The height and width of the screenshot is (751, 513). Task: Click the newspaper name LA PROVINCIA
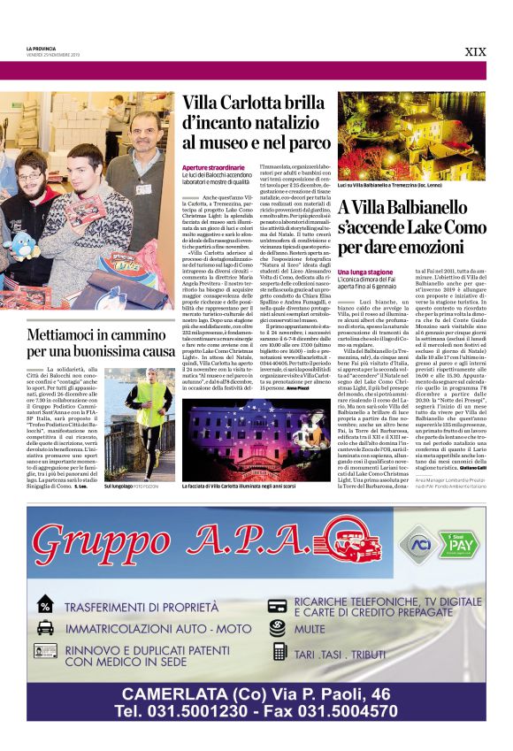click(x=41, y=48)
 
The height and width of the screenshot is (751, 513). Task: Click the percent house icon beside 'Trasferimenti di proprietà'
click(x=45, y=606)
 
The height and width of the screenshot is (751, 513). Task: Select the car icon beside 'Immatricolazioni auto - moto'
click(x=45, y=628)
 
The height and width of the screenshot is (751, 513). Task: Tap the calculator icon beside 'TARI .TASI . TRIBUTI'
click(x=279, y=651)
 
